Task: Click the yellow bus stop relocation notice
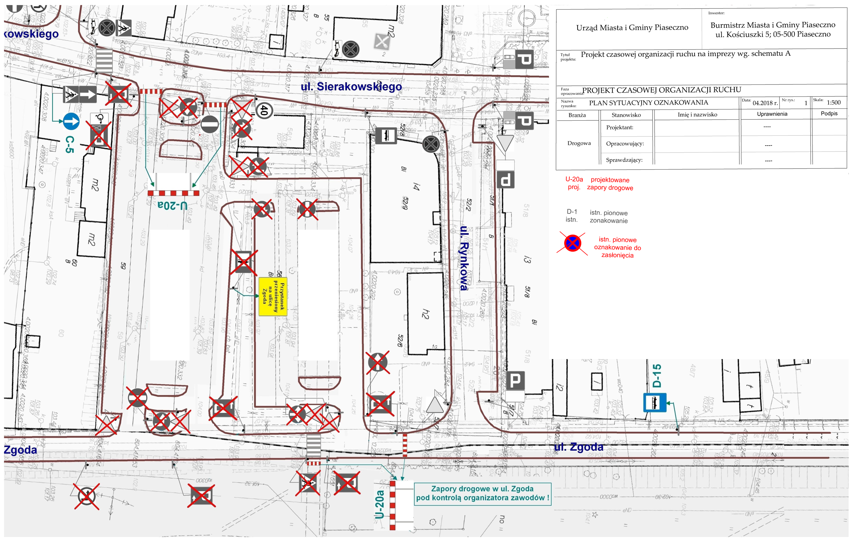tap(273, 296)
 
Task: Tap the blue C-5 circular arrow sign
tap(71, 121)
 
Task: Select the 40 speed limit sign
tap(264, 110)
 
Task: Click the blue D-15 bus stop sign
tap(655, 402)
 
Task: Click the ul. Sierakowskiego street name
tap(351, 86)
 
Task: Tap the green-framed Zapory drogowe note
tap(482, 493)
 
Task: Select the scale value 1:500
tap(833, 103)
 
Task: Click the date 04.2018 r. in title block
tap(765, 103)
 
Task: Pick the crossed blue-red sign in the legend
tap(573, 243)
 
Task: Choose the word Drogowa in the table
tap(579, 143)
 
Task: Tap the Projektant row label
tap(620, 128)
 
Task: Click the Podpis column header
tap(829, 114)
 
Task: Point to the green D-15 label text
tap(657, 375)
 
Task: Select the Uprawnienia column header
tap(772, 114)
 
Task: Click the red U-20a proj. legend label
tap(574, 183)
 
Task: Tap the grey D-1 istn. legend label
tap(571, 215)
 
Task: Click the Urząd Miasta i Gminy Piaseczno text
tap(632, 28)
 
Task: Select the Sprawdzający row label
tap(624, 160)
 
